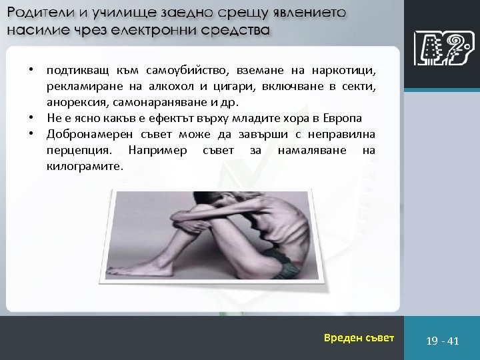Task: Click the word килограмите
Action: pos(85,166)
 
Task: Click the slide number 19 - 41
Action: pos(443,341)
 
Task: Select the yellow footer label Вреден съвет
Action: pos(359,338)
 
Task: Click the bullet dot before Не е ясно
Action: pos(31,118)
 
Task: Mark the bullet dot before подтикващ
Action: pos(31,70)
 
